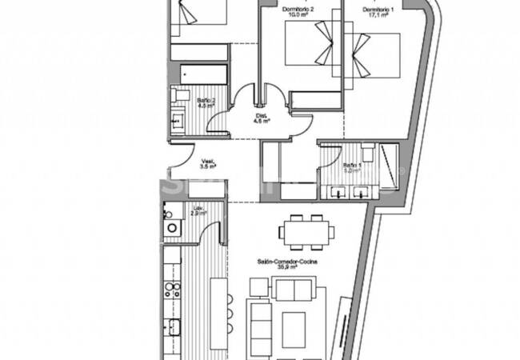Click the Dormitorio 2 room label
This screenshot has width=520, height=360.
(297, 9)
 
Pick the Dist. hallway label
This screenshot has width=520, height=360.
(261, 115)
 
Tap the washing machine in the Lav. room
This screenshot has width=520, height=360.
(171, 229)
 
